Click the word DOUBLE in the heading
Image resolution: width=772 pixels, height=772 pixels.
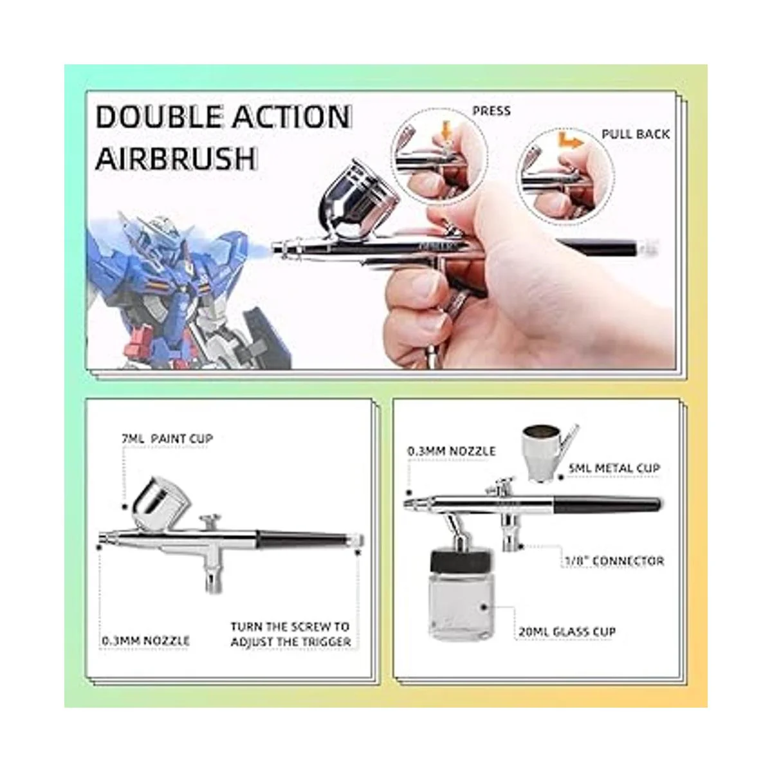(x=159, y=117)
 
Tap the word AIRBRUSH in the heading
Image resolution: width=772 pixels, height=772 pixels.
(x=176, y=159)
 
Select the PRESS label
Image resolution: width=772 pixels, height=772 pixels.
(x=492, y=111)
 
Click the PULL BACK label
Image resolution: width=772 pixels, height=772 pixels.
(x=636, y=134)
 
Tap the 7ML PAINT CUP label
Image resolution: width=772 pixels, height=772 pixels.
(x=167, y=439)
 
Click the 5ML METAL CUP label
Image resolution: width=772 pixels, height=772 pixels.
(x=614, y=468)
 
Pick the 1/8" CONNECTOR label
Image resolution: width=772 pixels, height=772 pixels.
(x=614, y=561)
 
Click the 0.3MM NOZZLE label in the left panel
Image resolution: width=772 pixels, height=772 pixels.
(x=145, y=641)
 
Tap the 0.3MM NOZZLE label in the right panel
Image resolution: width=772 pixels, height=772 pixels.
(x=452, y=451)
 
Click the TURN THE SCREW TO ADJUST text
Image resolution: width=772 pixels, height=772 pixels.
(x=290, y=634)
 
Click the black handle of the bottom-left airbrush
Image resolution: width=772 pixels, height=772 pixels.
(x=304, y=539)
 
